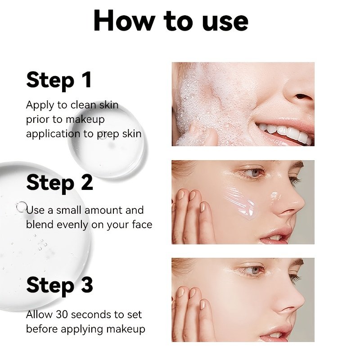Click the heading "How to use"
[x=171, y=21]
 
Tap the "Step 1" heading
[x=59, y=81]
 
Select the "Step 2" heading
[x=60, y=183]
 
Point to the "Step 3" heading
[x=60, y=285]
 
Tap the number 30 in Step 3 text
[x=62, y=315]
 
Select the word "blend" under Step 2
[x=40, y=225]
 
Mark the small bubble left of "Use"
[x=22, y=207]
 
